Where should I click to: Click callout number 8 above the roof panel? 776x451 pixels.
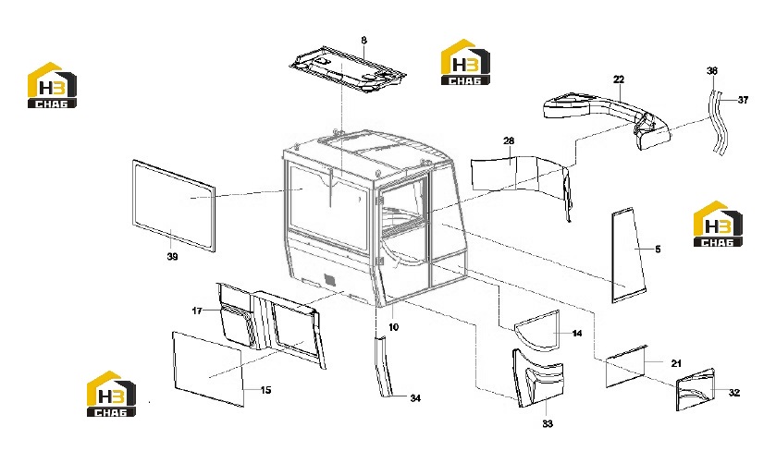pos(363,40)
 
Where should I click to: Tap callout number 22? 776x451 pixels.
pos(619,79)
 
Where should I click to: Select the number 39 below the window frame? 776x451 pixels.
pos(172,257)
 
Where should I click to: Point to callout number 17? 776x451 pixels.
pos(197,311)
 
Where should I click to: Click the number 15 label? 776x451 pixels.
pos(265,390)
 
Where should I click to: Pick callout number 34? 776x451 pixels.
pos(415,398)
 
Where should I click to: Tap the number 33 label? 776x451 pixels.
pos(547,424)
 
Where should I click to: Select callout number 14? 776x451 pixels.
pos(577,334)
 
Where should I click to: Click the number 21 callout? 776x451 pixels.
pos(676,363)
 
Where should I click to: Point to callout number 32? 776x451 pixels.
pos(734,393)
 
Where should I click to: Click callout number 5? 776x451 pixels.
pos(658,250)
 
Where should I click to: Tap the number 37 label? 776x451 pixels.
pos(743,100)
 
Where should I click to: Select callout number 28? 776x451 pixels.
pos(509,140)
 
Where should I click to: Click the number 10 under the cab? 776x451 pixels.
pos(393,327)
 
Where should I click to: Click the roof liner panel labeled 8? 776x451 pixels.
pos(348,69)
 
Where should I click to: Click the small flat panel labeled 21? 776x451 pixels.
pos(627,366)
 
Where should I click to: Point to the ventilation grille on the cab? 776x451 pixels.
pos(329,279)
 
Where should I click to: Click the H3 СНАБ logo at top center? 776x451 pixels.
pos(465,62)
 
